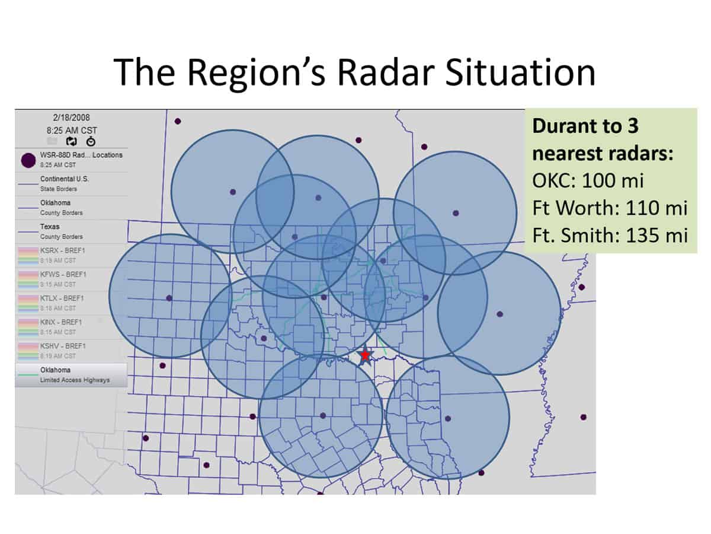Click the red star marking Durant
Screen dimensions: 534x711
365,355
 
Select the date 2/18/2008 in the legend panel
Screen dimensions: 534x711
71,117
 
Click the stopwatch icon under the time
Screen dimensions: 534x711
91,141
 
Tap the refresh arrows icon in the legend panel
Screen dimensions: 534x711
71,141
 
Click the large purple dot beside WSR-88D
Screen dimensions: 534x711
28,160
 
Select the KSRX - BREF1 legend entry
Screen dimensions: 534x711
63,250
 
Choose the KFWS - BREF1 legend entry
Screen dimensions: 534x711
63,274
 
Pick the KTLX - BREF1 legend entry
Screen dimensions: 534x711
63,298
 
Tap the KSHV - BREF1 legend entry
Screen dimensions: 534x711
63,345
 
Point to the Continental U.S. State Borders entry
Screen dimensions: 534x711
65,183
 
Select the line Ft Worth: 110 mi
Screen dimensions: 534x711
609,208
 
